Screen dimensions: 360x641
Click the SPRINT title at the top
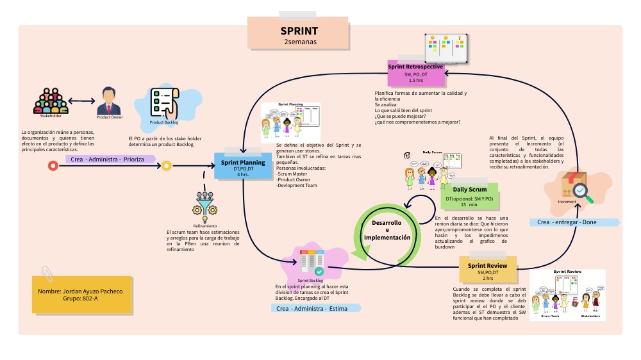pos(299,31)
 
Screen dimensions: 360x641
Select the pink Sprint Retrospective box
pos(415,74)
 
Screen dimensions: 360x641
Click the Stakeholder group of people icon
pos(50,100)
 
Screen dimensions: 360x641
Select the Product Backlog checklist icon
pos(163,102)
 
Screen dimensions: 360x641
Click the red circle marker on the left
pos(53,166)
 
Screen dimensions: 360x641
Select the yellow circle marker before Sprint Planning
pos(166,166)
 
